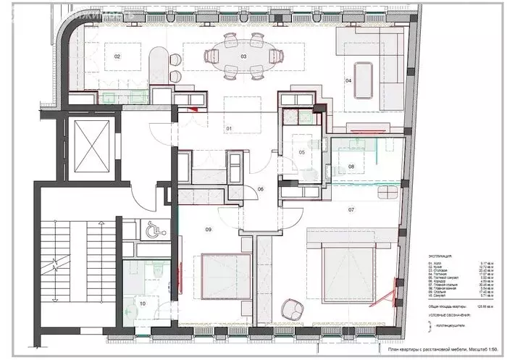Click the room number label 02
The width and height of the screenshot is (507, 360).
click(116, 56)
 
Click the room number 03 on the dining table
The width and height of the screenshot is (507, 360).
click(243, 56)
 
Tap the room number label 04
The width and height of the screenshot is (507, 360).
click(348, 81)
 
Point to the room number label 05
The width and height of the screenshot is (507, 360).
click(301, 153)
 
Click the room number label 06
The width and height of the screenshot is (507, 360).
click(260, 190)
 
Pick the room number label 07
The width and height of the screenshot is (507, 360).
click(351, 210)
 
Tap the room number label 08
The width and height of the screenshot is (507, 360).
click(351, 167)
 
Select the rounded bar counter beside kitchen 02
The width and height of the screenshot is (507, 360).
click(156, 66)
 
